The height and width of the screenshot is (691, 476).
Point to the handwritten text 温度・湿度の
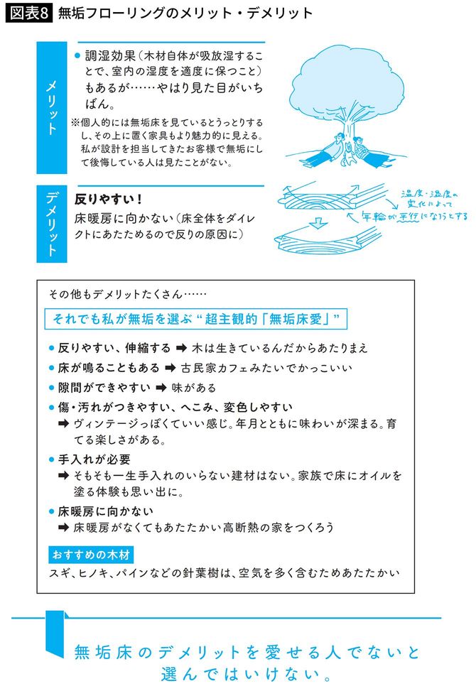(430, 193)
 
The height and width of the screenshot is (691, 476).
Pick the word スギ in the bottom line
(59, 572)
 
